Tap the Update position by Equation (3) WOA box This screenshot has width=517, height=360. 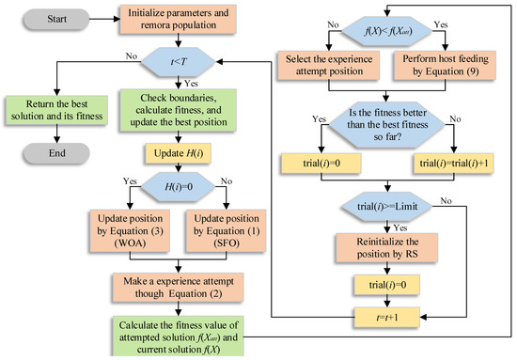click(x=124, y=233)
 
